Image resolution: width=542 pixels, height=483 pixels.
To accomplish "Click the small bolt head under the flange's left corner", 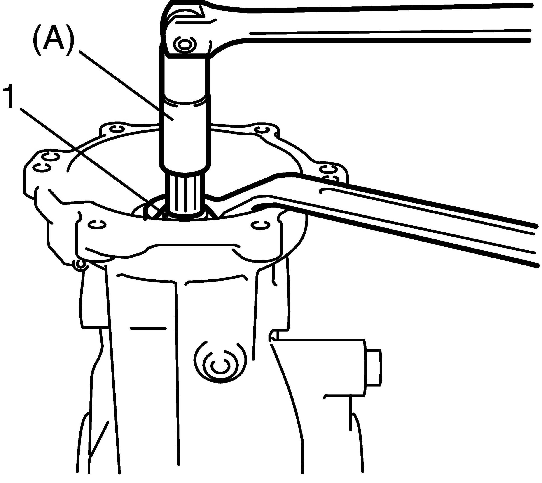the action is pos(80,265).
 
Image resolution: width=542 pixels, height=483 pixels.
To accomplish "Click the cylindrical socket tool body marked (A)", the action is pos(185,133).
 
